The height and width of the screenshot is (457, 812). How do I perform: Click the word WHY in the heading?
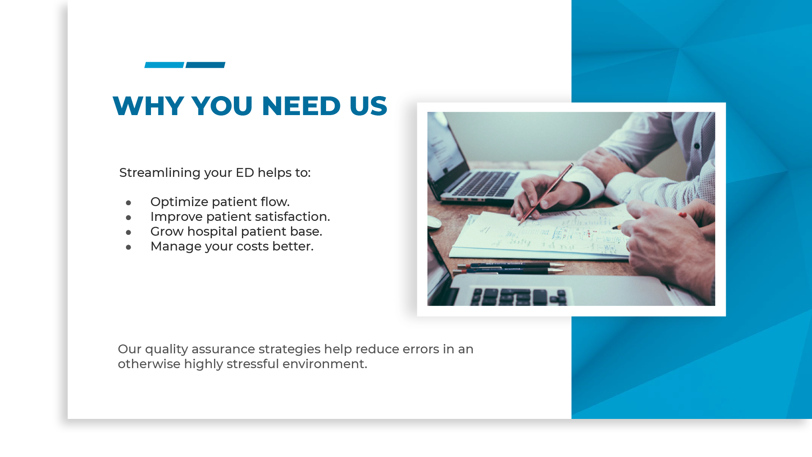click(148, 106)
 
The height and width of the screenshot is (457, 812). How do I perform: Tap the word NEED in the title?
click(301, 106)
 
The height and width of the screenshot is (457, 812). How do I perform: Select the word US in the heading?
click(368, 106)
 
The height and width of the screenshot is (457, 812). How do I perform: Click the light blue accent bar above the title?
click(164, 65)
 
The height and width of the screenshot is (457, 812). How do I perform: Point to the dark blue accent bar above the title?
click(206, 65)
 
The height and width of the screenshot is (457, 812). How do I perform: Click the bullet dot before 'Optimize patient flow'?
click(129, 203)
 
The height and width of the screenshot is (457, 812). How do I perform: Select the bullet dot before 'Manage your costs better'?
click(129, 247)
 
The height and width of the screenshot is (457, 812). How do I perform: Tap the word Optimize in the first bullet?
click(179, 202)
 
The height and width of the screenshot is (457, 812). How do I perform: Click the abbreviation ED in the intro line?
click(245, 173)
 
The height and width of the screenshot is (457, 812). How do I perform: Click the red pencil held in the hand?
click(546, 193)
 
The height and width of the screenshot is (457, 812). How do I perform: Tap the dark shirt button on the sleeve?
click(697, 146)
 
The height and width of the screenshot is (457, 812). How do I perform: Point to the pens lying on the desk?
click(510, 268)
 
